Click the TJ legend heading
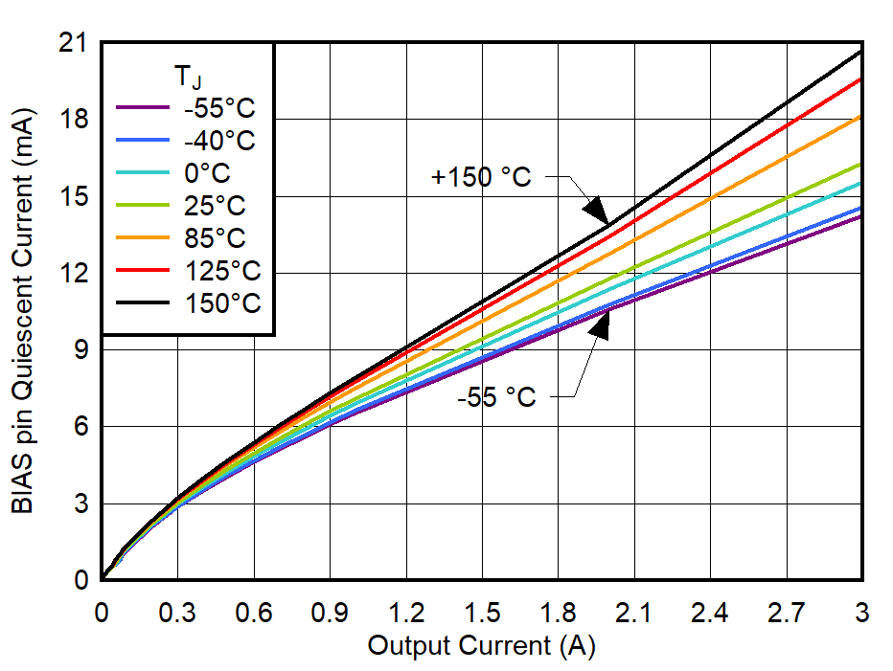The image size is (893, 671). pos(187,75)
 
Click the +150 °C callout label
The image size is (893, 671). pos(480,177)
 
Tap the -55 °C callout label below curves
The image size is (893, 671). pos(496,395)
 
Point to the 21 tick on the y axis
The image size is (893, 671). pos(74,43)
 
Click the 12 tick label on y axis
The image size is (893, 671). pos(74,273)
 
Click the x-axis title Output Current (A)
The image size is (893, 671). pos(481,646)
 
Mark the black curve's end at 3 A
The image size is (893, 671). pos(860,52)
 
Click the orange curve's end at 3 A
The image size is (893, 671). pos(860,117)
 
